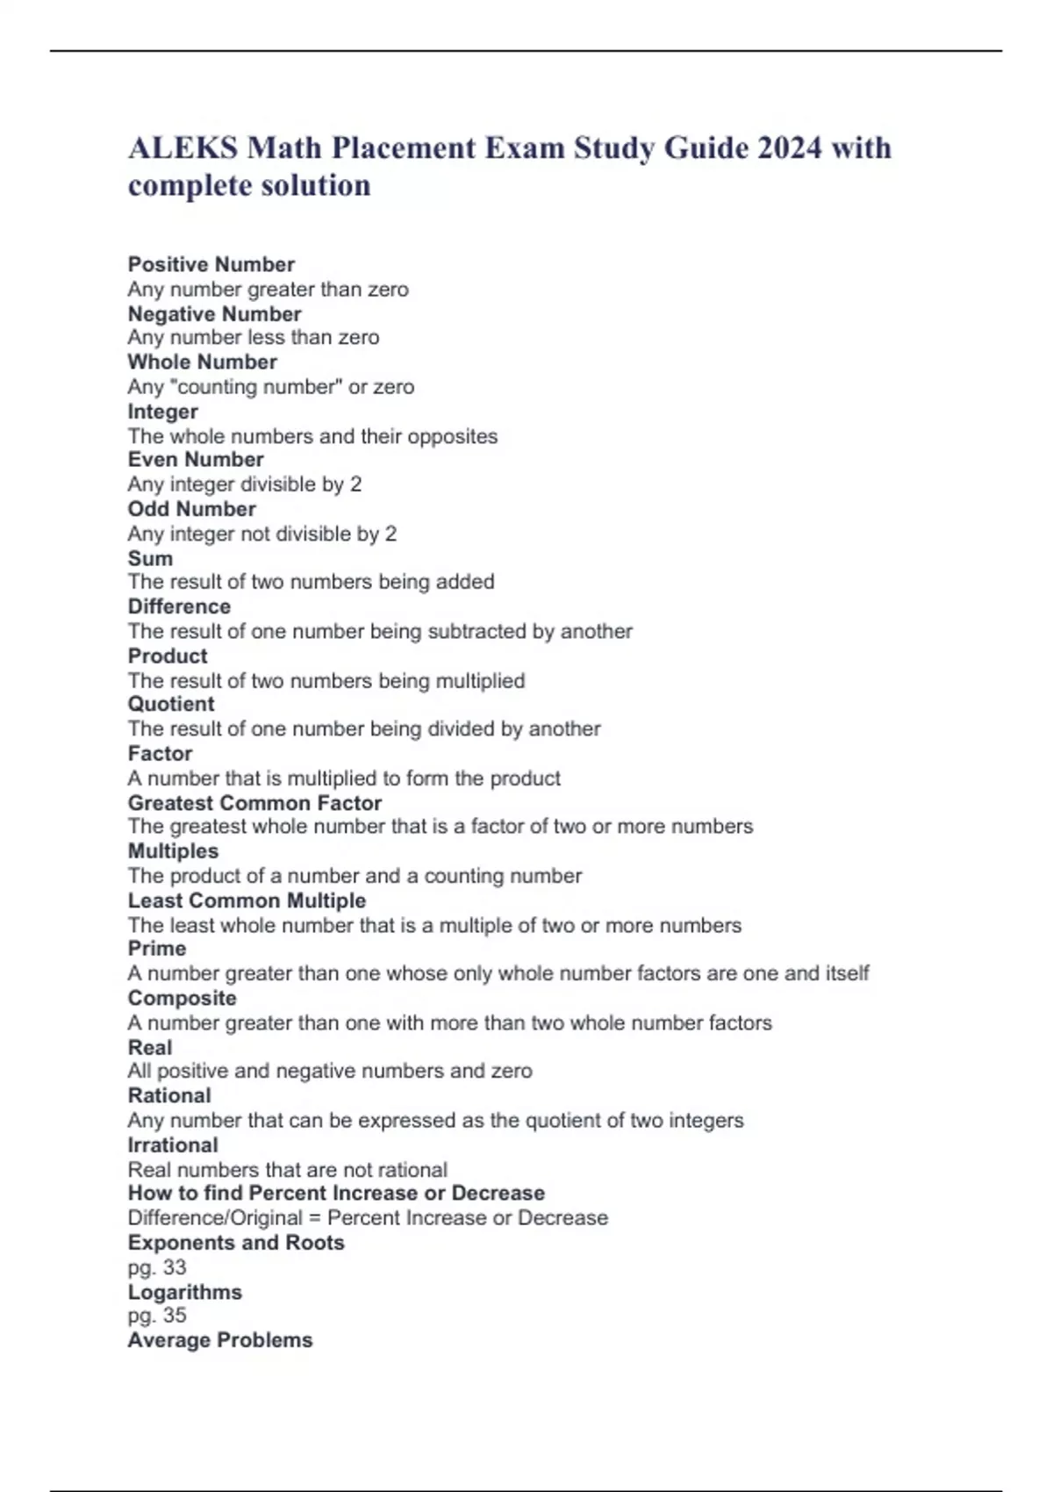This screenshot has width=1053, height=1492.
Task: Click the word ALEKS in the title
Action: pos(183,148)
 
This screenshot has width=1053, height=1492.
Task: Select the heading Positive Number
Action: pos(211,264)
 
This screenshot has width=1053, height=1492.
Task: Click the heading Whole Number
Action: pos(202,362)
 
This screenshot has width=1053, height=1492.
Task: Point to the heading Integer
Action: pos(162,412)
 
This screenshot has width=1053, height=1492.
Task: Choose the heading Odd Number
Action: pos(191,509)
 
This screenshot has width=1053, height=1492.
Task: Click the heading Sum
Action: pos(150,558)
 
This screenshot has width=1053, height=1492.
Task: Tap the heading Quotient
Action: pos(170,704)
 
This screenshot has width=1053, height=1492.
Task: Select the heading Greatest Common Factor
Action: pos(254,803)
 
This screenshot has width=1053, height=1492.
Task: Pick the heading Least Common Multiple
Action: pos(247,900)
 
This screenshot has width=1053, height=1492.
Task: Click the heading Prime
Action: pos(156,949)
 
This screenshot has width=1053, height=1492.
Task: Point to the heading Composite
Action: pos(182,998)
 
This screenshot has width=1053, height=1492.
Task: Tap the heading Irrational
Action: pos(172,1145)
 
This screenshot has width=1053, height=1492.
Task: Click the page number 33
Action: pos(174,1266)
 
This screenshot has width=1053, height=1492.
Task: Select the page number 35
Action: pos(174,1315)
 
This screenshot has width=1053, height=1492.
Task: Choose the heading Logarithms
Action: pos(184,1292)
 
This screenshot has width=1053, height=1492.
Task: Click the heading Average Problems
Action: pos(219,1340)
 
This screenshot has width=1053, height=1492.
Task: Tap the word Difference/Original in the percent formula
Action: pos(215,1218)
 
